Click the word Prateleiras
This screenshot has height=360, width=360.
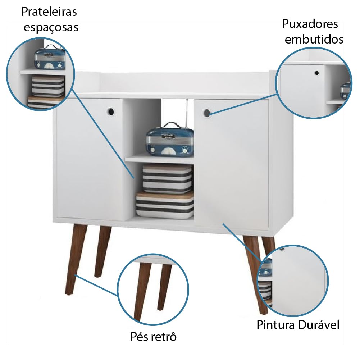49,12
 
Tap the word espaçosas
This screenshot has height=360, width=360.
51,28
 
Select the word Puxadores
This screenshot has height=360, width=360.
310,24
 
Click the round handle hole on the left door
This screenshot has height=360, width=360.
111,112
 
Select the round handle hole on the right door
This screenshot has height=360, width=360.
207,113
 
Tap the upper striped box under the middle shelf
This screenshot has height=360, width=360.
167,179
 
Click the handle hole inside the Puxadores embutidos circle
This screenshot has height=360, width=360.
316,73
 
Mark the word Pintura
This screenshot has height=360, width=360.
275,325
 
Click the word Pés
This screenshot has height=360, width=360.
139,337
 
